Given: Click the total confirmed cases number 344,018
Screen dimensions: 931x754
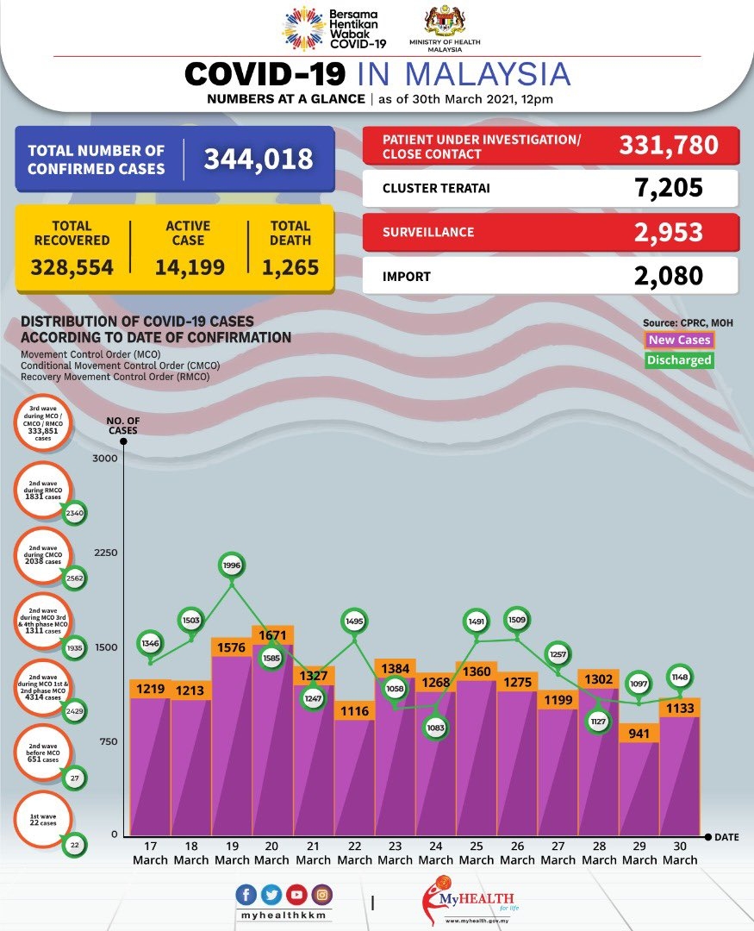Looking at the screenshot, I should click(258, 159).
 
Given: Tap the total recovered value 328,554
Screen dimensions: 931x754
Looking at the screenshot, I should click(72, 267).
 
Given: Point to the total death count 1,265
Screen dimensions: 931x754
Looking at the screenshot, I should click(290, 267).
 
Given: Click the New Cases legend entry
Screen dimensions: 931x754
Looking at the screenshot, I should click(679, 340).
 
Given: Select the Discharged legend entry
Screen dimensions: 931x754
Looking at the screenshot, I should click(679, 359).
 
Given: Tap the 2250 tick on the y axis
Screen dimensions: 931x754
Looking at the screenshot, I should click(104, 553).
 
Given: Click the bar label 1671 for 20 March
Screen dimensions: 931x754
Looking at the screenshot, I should click(272, 635).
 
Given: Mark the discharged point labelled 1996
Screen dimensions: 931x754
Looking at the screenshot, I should click(232, 565).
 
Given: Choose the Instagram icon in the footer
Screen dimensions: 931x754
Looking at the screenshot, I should click(321, 895).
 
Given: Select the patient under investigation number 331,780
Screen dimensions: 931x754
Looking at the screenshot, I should click(668, 144).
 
